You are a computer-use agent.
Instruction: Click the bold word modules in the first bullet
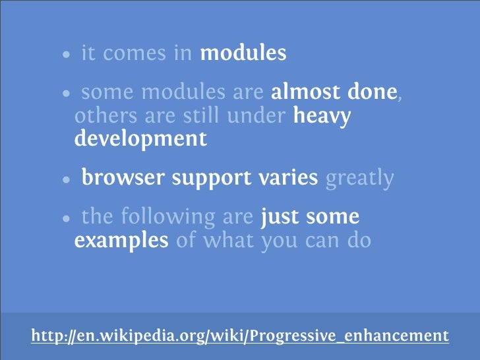click(243, 53)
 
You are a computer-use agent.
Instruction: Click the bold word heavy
click(322, 117)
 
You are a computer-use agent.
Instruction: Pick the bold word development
click(140, 140)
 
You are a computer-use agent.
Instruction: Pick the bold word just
click(281, 218)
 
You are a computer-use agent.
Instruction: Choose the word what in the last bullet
click(228, 241)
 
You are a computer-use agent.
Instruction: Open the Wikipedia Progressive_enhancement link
click(240, 336)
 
